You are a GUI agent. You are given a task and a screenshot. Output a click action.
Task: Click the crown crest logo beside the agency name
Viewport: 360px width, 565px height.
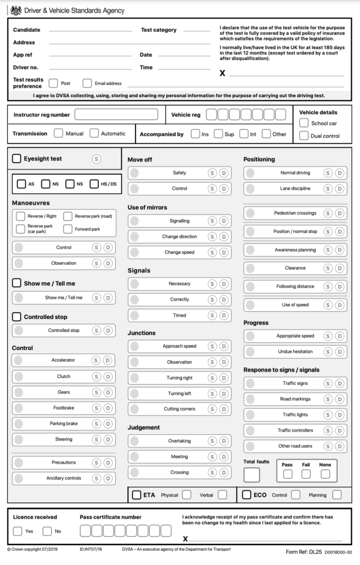point(16,10)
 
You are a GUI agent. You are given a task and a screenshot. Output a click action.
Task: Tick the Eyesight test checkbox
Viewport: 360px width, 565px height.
point(17,159)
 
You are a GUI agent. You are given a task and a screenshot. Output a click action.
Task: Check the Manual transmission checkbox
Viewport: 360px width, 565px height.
point(58,133)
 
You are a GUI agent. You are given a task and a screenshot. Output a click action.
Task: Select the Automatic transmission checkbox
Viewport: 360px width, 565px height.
point(94,133)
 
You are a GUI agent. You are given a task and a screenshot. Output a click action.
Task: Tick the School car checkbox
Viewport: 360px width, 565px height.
point(304,123)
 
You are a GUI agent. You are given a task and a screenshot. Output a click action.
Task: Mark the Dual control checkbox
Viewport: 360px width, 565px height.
point(304,136)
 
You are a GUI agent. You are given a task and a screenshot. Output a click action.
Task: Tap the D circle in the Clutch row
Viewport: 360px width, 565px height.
point(108,376)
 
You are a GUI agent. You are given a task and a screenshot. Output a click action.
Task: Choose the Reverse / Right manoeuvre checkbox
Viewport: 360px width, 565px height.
point(20,216)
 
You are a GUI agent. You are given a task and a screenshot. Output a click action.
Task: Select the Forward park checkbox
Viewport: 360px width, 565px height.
point(68,228)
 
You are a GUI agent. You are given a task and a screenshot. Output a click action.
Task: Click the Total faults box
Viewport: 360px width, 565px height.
point(251,475)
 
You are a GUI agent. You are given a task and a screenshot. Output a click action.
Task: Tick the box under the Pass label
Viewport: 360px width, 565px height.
point(287,474)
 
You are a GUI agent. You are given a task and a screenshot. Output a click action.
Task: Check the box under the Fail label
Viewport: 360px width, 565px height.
point(306,474)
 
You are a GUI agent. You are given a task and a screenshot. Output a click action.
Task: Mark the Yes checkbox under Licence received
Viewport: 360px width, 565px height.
point(18,531)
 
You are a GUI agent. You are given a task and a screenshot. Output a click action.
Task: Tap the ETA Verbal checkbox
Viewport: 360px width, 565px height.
point(222,495)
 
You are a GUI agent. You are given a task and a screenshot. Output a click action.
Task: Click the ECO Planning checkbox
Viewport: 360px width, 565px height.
point(337,495)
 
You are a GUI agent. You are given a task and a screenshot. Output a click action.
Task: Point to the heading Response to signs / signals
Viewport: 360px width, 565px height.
point(281,370)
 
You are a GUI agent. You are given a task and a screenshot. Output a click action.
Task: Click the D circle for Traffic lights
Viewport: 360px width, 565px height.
point(340,414)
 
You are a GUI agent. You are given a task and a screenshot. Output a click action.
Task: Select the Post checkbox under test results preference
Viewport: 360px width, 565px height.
point(53,83)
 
